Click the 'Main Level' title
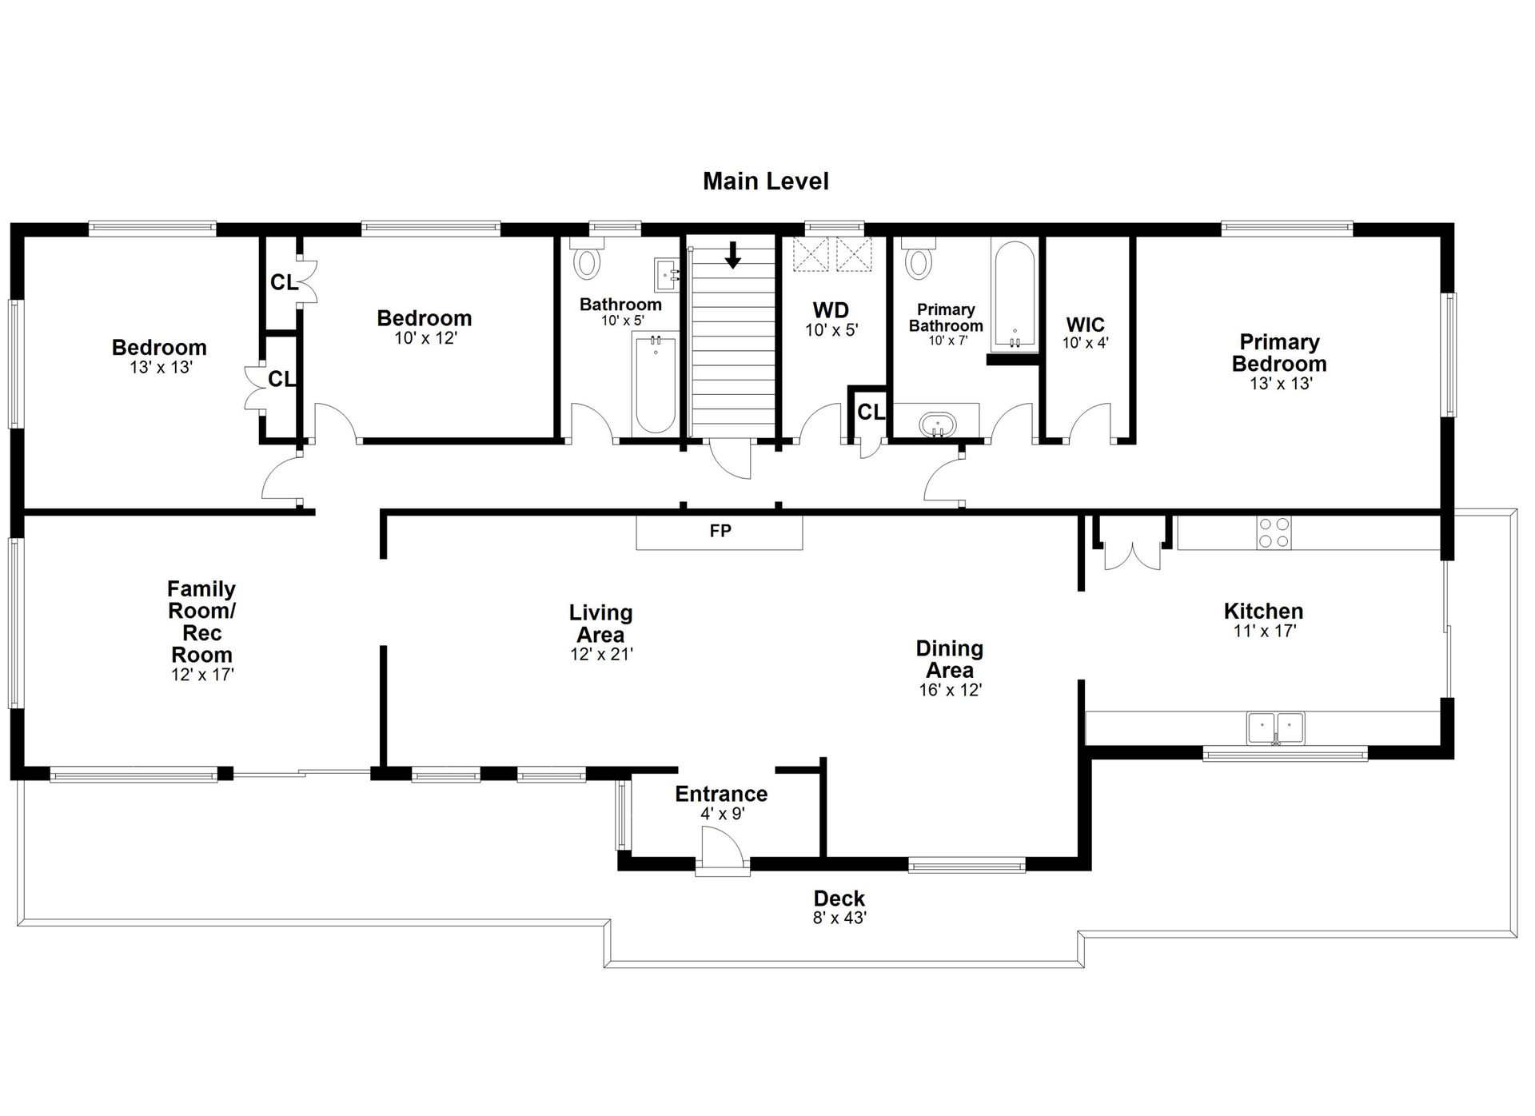coord(765,181)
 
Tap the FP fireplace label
coord(720,531)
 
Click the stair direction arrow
coord(732,255)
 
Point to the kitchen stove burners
coord(1274,532)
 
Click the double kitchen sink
coord(1275,728)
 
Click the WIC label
coord(1085,325)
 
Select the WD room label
coord(831,310)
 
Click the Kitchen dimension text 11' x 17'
coord(1264,631)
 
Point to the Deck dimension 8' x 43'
coord(839,918)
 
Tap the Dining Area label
coord(950,660)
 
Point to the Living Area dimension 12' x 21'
coord(601,654)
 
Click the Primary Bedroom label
coord(1278,353)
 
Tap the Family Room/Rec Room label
coord(201,622)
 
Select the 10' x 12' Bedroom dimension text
coord(425,338)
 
